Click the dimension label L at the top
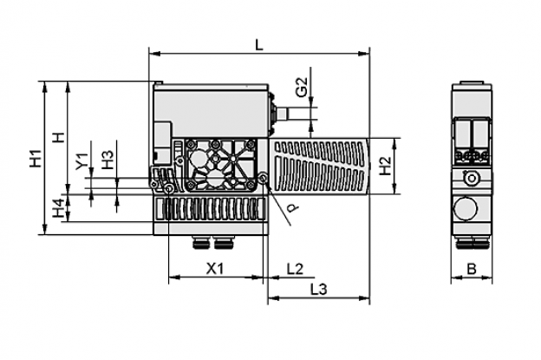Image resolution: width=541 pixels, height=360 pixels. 258,44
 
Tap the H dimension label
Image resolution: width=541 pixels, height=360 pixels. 59,137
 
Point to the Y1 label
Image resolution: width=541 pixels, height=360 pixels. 82,161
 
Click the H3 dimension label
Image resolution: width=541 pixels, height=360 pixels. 108,159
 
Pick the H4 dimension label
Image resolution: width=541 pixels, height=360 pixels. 59,208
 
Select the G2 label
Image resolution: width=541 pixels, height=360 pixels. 302,87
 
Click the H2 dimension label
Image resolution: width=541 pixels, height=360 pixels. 385,166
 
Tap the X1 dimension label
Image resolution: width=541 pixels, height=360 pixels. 215,268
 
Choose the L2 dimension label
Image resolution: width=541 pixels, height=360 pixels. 296,268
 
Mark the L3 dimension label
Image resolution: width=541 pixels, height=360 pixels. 318,289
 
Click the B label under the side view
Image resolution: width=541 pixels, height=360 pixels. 472,268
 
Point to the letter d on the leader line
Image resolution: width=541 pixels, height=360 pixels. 293,207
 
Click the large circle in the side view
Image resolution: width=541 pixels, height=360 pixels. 466,208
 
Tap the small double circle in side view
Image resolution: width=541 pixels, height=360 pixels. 471,178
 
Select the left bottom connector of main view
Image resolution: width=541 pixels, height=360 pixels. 201,244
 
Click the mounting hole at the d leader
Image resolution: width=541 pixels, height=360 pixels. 264,178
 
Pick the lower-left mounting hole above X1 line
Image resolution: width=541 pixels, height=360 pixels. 169,188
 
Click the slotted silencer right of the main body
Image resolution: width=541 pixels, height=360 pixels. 319,166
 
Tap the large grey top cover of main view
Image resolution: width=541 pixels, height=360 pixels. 212,110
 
